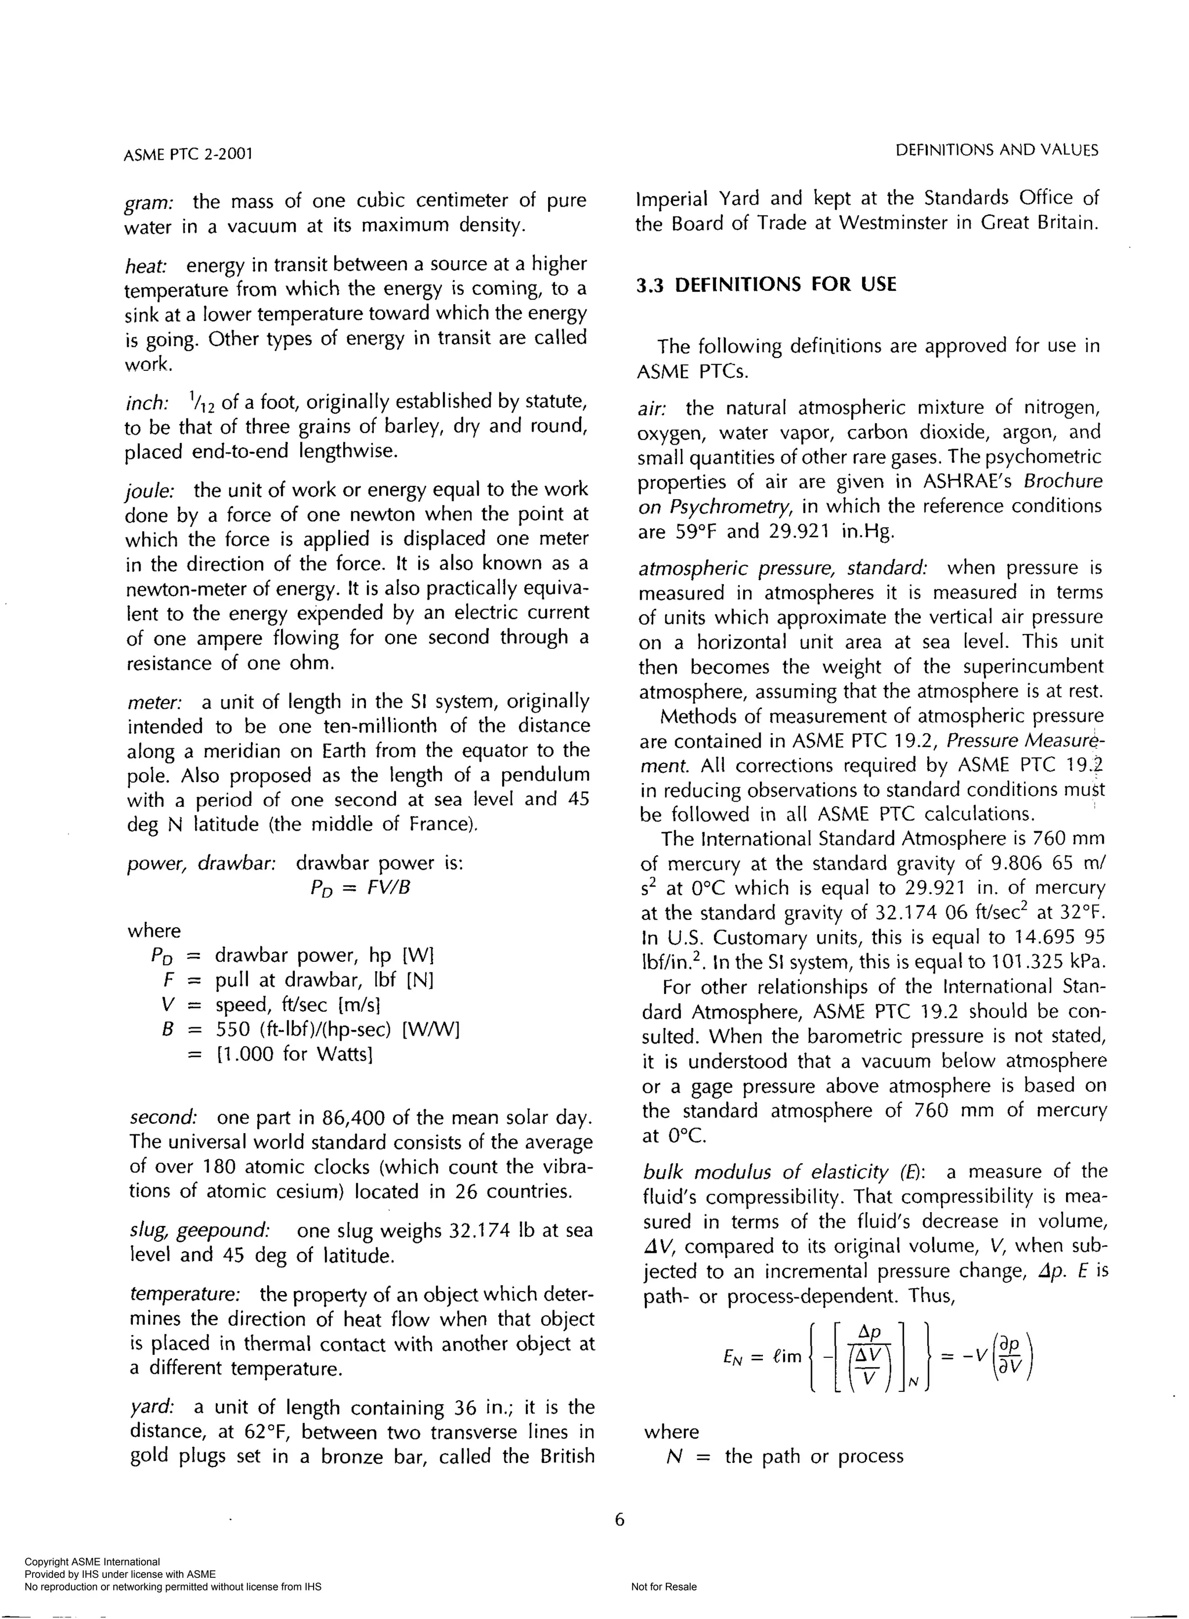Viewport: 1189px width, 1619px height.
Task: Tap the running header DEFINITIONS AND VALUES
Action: (x=997, y=150)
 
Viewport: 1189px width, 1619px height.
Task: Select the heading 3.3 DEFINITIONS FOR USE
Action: (x=766, y=285)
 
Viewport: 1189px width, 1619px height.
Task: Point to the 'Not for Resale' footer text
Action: (x=663, y=1586)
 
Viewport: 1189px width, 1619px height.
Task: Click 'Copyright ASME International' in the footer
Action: (x=92, y=1562)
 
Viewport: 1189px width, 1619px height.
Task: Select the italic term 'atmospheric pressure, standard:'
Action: (x=783, y=568)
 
